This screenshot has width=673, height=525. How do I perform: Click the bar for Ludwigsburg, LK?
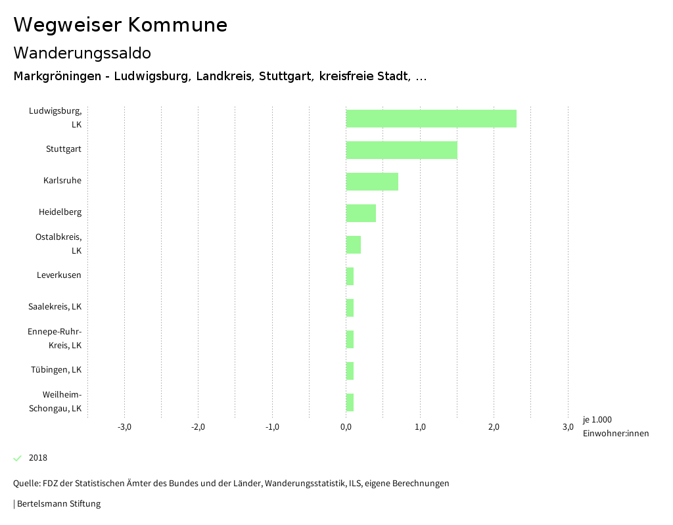[x=431, y=118]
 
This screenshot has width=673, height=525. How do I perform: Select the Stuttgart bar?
[x=402, y=150]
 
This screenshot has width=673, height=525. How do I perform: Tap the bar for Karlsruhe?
[x=372, y=181]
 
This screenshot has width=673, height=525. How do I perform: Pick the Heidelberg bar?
[x=361, y=213]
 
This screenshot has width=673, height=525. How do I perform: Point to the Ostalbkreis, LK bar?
[x=354, y=244]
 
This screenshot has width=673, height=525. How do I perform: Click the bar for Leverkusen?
[x=350, y=276]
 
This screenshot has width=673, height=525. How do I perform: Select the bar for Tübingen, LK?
[x=350, y=371]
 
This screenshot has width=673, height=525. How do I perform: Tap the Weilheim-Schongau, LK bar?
[x=350, y=402]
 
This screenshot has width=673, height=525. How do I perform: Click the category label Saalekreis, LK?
[x=55, y=307]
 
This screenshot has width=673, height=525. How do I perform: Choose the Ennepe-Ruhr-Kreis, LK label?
[x=55, y=338]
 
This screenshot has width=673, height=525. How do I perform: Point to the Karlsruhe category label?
[x=62, y=181]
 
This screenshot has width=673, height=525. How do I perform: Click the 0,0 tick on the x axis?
[x=346, y=427]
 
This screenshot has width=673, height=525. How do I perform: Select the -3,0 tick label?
[x=124, y=427]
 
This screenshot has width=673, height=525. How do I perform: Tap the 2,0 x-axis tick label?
[x=494, y=427]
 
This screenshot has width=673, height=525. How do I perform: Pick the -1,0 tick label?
[x=272, y=427]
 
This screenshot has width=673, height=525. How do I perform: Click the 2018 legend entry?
[x=37, y=458]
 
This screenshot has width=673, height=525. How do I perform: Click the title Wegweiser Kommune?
[x=120, y=25]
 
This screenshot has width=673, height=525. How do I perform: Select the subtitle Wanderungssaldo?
[x=82, y=53]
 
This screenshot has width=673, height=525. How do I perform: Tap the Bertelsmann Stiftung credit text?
[x=58, y=504]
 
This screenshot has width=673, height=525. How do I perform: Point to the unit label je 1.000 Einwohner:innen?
[x=615, y=426]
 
